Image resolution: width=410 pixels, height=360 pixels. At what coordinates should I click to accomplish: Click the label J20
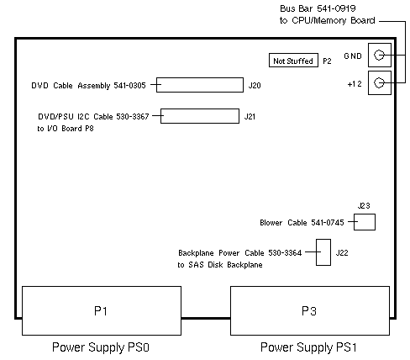click(x=255, y=85)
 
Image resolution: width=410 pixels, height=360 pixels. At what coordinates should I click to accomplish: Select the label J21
click(x=250, y=116)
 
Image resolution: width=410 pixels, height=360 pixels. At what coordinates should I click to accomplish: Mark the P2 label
click(x=327, y=61)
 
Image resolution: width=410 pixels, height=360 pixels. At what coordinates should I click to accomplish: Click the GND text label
click(x=353, y=56)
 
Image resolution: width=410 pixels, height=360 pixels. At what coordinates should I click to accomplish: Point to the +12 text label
click(x=355, y=84)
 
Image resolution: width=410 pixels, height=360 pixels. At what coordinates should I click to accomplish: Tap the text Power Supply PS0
click(x=101, y=347)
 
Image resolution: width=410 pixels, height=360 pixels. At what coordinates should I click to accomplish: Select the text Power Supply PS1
click(x=308, y=347)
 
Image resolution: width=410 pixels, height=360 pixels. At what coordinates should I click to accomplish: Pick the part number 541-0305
click(x=129, y=85)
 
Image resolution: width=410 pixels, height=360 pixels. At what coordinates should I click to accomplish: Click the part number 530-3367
click(x=133, y=116)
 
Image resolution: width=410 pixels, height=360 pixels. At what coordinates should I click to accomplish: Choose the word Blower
click(x=271, y=223)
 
